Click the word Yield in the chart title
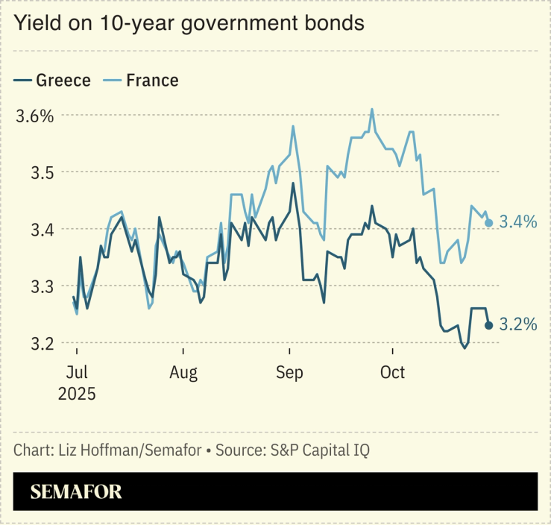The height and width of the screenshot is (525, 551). pyautogui.click(x=34, y=23)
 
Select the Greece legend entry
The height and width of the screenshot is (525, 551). pyautogui.click(x=63, y=80)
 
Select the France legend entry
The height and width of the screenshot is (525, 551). pyautogui.click(x=152, y=80)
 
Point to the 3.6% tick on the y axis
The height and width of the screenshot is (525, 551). pyautogui.click(x=35, y=116)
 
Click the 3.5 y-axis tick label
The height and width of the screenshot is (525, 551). pyautogui.click(x=31, y=172)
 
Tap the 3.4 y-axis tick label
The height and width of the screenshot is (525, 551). pyautogui.click(x=31, y=229)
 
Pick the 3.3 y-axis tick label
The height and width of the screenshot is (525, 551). pyautogui.click(x=31, y=286)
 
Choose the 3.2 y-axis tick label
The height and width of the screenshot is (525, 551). pyautogui.click(x=31, y=343)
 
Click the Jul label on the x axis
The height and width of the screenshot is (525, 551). pyautogui.click(x=77, y=372)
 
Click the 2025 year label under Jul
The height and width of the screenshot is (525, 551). pyautogui.click(x=77, y=393)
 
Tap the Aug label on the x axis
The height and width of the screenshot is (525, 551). pyautogui.click(x=183, y=372)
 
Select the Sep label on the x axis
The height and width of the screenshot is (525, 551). pyautogui.click(x=289, y=372)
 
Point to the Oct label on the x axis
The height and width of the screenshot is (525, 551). pyautogui.click(x=392, y=372)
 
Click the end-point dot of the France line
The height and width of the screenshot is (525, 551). pyautogui.click(x=489, y=222)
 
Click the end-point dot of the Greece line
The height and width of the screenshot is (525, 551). pyautogui.click(x=489, y=324)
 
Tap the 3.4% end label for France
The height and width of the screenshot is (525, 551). pyautogui.click(x=517, y=221)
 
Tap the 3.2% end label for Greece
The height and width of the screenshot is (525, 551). pyautogui.click(x=517, y=324)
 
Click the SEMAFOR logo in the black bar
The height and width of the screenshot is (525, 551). pyautogui.click(x=76, y=491)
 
